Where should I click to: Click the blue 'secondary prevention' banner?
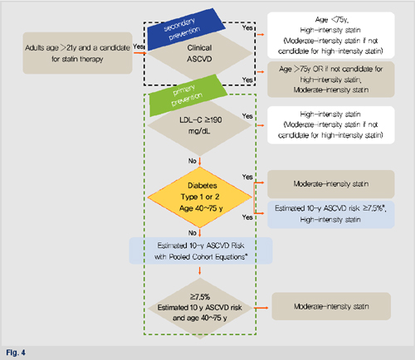click(x=185, y=28)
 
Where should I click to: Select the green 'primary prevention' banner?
click(x=188, y=95)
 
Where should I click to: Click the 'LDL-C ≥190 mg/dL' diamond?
click(x=200, y=125)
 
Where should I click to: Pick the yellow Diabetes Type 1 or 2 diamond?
click(x=200, y=197)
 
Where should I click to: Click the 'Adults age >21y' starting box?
click(x=77, y=53)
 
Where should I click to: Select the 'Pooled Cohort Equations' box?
click(x=201, y=251)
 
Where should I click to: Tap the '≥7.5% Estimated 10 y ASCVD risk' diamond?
click(x=200, y=308)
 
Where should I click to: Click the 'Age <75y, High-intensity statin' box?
click(x=331, y=35)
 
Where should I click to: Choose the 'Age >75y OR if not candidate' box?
click(x=331, y=80)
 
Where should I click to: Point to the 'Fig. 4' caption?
click(x=16, y=353)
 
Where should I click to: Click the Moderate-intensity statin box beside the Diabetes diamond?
click(x=331, y=184)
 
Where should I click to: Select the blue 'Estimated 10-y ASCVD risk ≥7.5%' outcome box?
click(x=331, y=214)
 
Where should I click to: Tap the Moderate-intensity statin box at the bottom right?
click(x=331, y=306)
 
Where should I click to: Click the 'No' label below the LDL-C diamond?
click(x=193, y=161)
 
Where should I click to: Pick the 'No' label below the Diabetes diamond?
click(x=193, y=233)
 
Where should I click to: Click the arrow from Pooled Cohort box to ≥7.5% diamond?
click(x=200, y=270)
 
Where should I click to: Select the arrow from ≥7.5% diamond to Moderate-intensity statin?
click(x=261, y=308)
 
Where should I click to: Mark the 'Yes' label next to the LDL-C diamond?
click(x=247, y=116)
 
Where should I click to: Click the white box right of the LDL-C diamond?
click(x=331, y=125)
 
